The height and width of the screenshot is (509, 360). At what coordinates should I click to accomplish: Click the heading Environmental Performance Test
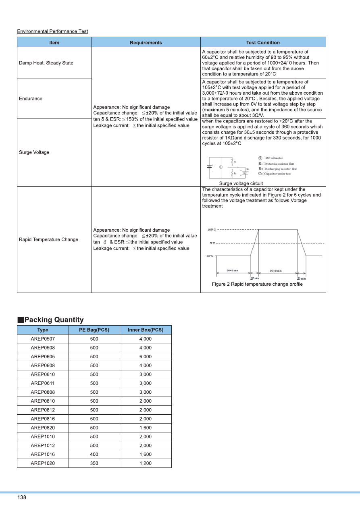tap(52, 31)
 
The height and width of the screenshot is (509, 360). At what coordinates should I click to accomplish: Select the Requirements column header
tap(146, 42)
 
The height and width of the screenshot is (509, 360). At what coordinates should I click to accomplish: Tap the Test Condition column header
tap(263, 42)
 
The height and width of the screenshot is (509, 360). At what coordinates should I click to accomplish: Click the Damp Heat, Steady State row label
tap(46, 63)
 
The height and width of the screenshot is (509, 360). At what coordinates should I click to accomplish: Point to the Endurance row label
tap(31, 98)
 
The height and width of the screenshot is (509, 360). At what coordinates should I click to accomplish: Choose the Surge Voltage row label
tap(34, 152)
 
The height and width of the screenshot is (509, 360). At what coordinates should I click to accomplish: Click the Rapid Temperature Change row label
tap(48, 239)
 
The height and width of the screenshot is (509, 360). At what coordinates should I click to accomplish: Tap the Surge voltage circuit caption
tap(241, 183)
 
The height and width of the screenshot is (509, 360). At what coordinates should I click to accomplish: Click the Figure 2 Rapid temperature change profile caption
tap(257, 284)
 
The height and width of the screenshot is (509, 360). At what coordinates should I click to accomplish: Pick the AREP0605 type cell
tap(43, 357)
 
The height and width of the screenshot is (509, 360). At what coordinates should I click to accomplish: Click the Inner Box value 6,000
tap(146, 357)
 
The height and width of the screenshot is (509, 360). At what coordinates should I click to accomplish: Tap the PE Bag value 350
tap(94, 463)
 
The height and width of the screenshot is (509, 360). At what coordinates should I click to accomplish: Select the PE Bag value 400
tap(94, 454)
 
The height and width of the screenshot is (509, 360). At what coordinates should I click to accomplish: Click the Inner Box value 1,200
tap(146, 463)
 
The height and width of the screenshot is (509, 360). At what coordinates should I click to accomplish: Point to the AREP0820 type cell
tap(43, 428)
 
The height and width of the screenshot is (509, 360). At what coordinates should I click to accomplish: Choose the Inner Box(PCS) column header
tap(146, 330)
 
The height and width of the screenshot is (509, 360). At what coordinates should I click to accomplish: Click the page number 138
tap(22, 498)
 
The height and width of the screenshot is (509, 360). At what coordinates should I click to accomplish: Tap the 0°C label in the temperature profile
tap(212, 243)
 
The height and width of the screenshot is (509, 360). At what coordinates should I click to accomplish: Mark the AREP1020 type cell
tap(43, 463)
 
